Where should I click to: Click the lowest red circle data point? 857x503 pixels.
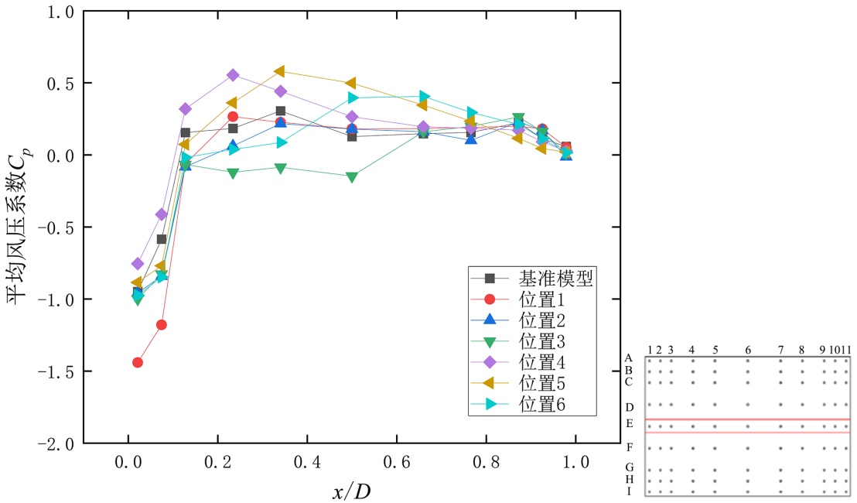[x=138, y=362]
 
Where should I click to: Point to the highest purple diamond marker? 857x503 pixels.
[x=233, y=75]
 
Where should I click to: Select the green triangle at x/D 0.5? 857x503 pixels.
[x=352, y=177]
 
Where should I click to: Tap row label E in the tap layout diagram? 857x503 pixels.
[x=630, y=424]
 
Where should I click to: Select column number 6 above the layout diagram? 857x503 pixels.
[x=748, y=350]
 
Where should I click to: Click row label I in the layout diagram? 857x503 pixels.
[x=629, y=491]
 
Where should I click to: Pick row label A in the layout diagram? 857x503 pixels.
[x=629, y=358]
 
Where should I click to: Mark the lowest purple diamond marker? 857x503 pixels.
[x=138, y=264]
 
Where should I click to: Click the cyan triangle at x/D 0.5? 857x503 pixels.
[x=353, y=98]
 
